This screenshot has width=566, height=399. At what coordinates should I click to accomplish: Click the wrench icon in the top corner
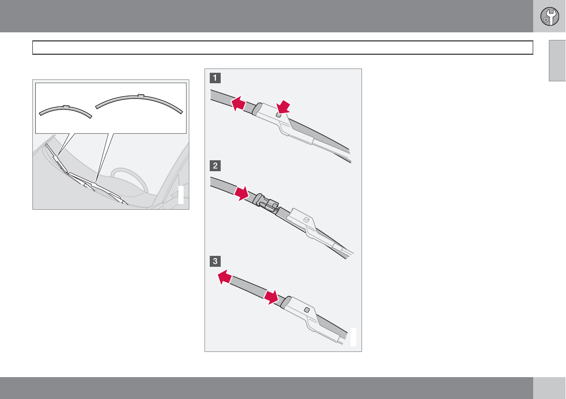point(549,16)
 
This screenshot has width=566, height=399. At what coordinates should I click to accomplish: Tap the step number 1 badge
point(215,78)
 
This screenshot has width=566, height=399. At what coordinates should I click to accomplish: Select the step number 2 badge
point(215,165)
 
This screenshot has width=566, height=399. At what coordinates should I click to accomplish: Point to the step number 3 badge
point(215,261)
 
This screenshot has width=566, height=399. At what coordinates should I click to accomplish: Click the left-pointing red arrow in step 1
point(238,104)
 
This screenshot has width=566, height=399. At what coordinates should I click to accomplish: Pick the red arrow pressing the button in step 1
point(283,107)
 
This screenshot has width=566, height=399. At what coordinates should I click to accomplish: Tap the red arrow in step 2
point(242,194)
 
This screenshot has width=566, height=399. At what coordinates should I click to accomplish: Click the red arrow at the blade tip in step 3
point(224,277)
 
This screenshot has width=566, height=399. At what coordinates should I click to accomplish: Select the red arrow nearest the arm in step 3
point(272,297)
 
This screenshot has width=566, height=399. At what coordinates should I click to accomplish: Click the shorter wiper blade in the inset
point(65,108)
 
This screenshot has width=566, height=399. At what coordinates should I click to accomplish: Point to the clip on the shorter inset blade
point(66,107)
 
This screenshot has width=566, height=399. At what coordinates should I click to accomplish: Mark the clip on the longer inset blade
point(141,96)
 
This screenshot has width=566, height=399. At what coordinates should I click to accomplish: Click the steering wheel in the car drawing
point(129,179)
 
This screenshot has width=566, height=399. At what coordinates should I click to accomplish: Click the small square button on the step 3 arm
point(307,310)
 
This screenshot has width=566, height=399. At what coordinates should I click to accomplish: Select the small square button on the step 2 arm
point(306,219)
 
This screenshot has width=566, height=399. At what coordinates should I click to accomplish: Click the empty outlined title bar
point(283,48)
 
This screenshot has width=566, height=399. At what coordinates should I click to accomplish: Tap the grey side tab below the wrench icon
point(557,60)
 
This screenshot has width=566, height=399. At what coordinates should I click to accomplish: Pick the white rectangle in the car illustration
point(181,195)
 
